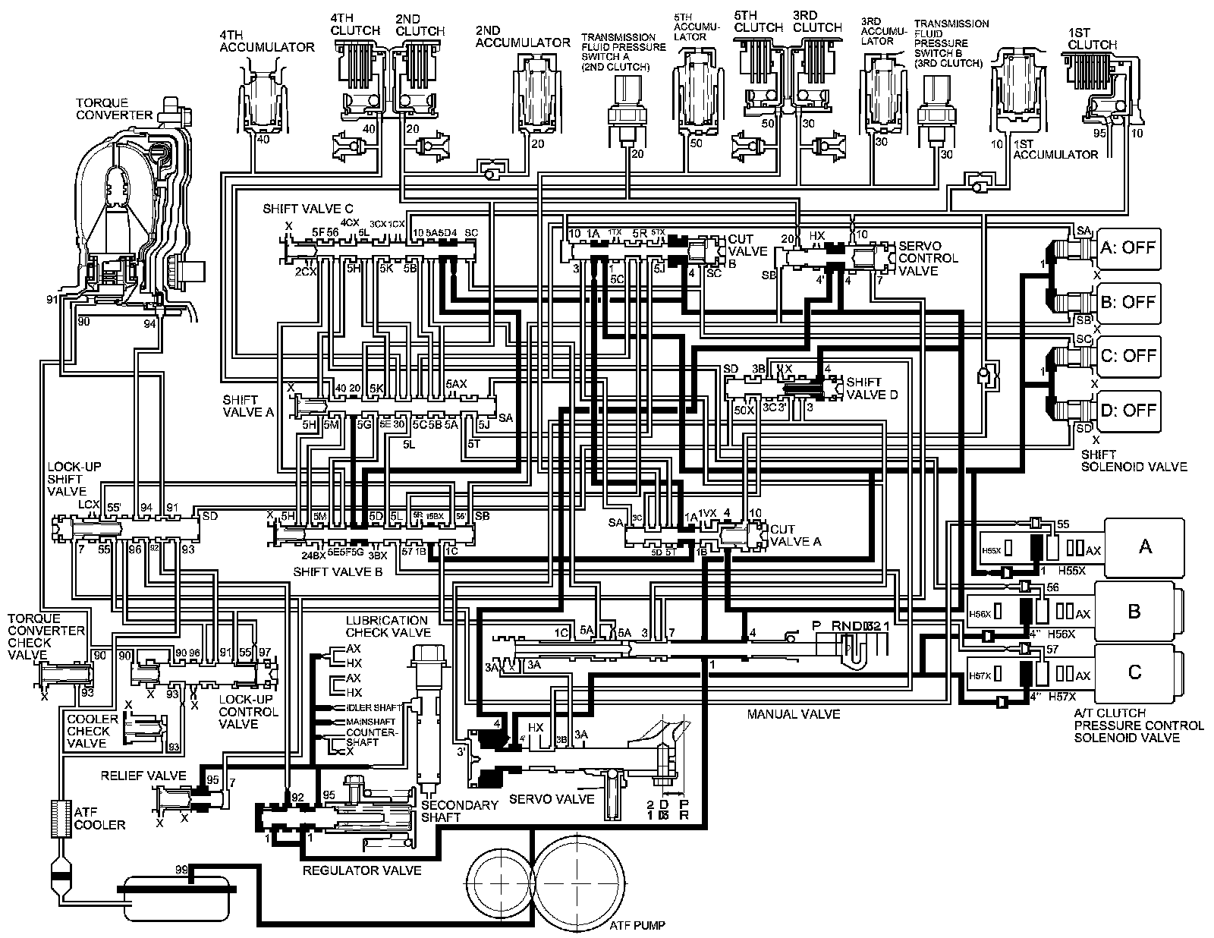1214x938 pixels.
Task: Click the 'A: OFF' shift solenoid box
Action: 1128,247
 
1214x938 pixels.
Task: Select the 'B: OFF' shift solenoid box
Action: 1128,302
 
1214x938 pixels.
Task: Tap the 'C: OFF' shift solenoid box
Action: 1128,356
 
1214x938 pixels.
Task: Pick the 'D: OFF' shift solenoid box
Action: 1128,410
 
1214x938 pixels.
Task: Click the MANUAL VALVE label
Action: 794,714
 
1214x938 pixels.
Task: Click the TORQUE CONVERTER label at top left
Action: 112,109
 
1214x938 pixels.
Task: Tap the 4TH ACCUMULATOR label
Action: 266,41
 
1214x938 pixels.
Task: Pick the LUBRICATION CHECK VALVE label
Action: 388,626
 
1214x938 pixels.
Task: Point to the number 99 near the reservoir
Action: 182,868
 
